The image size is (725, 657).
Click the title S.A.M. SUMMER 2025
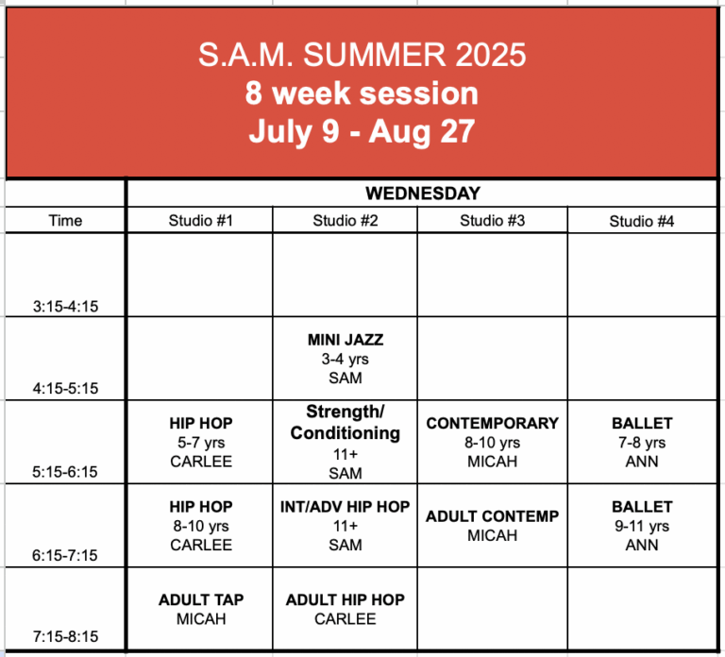362,55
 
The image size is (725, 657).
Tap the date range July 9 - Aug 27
362,132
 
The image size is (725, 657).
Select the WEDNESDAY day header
423,194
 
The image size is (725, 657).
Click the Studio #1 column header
200,221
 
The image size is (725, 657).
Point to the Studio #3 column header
492,221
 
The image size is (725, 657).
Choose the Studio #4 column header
641,221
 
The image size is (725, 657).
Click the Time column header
65,221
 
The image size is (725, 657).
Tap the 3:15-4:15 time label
65,306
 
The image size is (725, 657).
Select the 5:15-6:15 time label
65,472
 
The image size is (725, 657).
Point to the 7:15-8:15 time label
65,636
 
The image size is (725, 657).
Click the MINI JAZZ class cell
346,359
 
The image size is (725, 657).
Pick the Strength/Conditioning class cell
346,442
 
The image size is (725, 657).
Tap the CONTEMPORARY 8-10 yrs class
492,442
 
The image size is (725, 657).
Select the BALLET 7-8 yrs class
642,442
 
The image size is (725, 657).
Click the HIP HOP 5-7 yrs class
201,442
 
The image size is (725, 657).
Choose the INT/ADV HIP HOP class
345,526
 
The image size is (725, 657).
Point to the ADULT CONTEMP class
492,526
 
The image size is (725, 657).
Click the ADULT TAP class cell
201,609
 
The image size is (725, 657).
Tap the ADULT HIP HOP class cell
345,609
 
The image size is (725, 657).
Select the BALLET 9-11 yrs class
642,526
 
